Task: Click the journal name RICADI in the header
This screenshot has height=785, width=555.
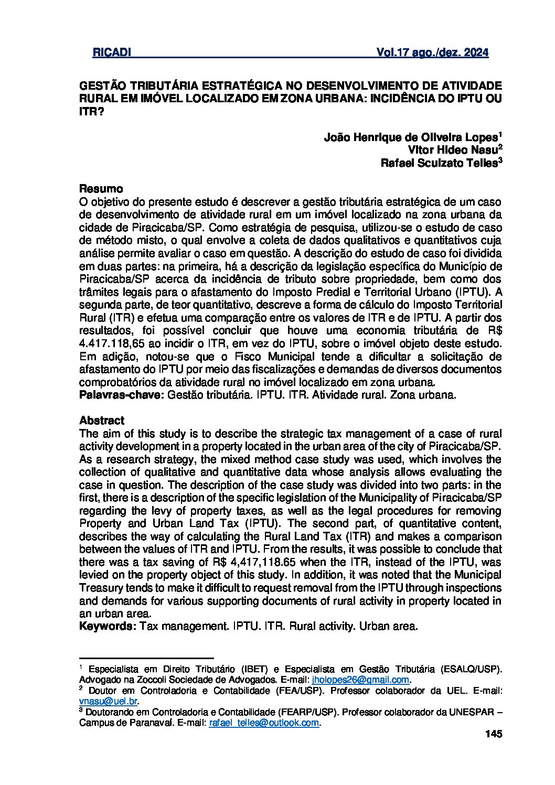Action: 111,53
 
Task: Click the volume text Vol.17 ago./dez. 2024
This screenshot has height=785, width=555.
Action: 432,53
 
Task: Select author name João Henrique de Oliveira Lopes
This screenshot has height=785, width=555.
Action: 410,137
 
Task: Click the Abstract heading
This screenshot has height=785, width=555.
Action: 102,421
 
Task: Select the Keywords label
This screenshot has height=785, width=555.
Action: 108,626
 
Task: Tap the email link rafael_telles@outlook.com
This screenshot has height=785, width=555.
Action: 264,723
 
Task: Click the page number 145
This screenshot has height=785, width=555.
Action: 494,734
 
